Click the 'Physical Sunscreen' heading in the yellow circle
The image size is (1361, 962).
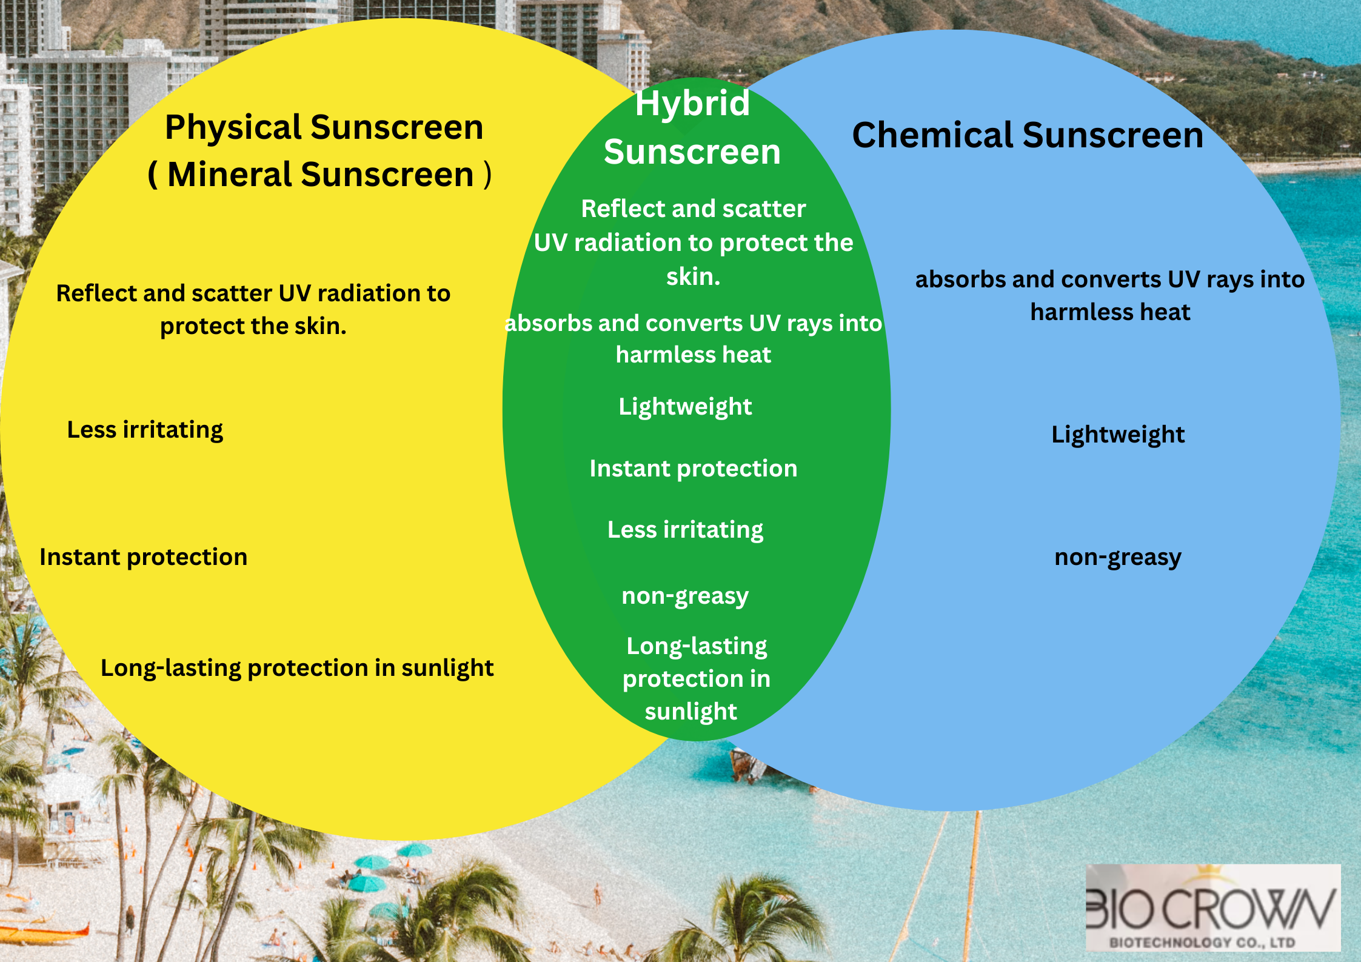[324, 128]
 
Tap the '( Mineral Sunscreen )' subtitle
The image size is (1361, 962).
[319, 175]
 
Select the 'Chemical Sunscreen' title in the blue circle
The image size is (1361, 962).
[1028, 135]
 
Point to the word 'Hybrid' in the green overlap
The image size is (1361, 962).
[692, 104]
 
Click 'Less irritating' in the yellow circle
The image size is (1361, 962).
[145, 430]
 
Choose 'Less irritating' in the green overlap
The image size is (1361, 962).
[685, 530]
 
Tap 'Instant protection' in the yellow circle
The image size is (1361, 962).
[144, 557]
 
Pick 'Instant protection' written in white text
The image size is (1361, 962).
[694, 469]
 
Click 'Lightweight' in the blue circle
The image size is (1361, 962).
[1118, 435]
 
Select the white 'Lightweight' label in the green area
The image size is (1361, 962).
[685, 407]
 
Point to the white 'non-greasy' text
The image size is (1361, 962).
[685, 596]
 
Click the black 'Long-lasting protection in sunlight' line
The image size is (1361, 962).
[297, 669]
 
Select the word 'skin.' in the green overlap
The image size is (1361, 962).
[694, 277]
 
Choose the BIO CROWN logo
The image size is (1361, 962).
[1212, 907]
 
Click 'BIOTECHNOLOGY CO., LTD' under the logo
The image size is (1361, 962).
[1202, 943]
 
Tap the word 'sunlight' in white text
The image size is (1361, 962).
[691, 712]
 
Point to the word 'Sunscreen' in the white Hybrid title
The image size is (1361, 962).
[692, 152]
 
